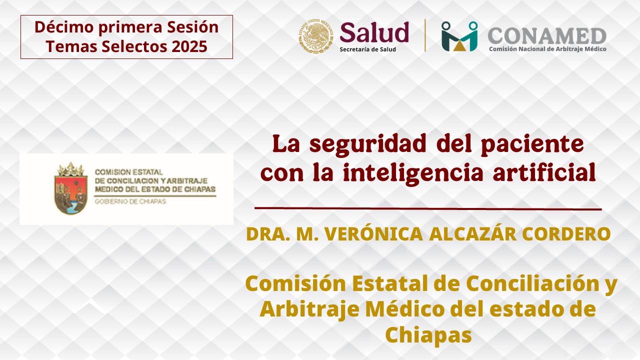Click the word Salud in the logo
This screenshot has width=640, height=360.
pos(374,32)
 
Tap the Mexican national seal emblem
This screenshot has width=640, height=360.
pos(315,35)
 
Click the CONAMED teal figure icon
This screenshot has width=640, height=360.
pos(459,36)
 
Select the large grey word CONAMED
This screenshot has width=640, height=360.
pos(547,36)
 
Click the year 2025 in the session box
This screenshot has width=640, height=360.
pos(189,46)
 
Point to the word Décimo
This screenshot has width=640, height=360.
pos(64,27)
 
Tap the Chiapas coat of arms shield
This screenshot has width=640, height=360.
pos(71,188)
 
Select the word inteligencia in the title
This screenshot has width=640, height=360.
pos(413,173)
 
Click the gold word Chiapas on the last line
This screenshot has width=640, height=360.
pos(428,335)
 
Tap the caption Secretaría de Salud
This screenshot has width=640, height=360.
pos(367,49)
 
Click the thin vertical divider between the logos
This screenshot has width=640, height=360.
pos(425,35)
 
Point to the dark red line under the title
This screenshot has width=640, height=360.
pos(428,208)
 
